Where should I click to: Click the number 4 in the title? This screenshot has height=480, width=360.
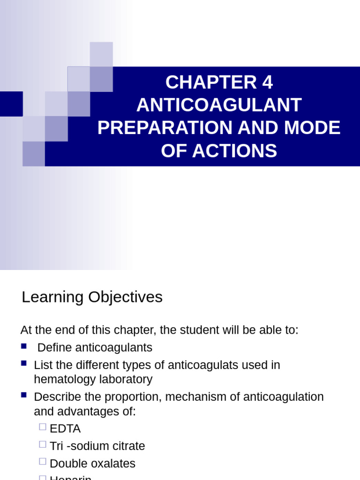tap(267, 83)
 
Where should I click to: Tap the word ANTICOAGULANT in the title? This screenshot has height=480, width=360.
tap(219, 105)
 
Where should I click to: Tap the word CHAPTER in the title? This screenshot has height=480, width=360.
tap(205, 83)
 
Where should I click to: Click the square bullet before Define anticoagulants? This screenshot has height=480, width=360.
tap(24, 346)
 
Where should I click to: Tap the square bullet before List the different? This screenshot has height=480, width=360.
tap(24, 363)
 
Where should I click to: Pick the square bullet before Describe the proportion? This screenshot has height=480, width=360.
tap(24, 395)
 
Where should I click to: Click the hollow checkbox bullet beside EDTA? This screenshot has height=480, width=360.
tap(43, 427)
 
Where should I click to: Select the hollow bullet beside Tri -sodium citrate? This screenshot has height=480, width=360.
tap(43, 444)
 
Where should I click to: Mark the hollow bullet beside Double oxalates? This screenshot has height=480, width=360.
tap(43, 461)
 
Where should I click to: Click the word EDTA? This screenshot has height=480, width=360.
tap(65, 429)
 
